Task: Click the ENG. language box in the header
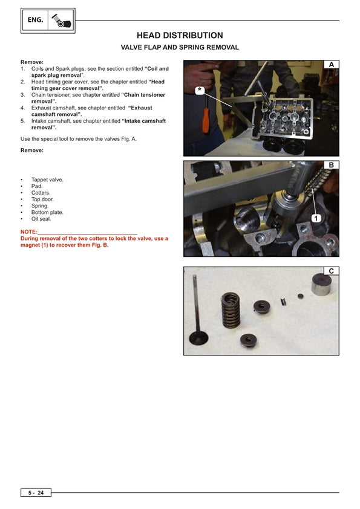click(36, 20)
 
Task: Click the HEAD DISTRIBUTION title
click(180, 36)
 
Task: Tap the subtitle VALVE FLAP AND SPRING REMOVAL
click(180, 47)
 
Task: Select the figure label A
click(331, 65)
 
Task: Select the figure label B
click(331, 165)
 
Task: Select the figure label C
click(331, 271)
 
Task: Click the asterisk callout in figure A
click(200, 89)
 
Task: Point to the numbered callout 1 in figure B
click(315, 217)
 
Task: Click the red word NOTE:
click(29, 232)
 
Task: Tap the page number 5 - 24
click(36, 493)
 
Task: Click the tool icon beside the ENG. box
click(61, 21)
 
